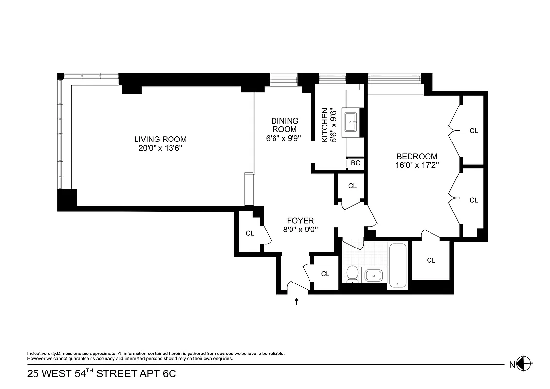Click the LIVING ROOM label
click(x=160, y=139)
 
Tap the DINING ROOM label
click(x=285, y=125)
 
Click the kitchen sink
click(x=350, y=122)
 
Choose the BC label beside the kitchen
click(x=355, y=163)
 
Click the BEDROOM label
click(x=417, y=156)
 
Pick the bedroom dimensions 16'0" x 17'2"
click(x=417, y=165)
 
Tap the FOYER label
click(x=300, y=220)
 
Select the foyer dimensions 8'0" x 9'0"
click(x=300, y=230)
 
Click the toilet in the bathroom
click(x=353, y=274)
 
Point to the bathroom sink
click(x=373, y=276)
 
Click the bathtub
click(x=398, y=266)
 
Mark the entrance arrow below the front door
click(x=297, y=302)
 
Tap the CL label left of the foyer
click(x=250, y=233)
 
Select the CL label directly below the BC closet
click(x=352, y=186)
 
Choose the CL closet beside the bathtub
click(x=430, y=260)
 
